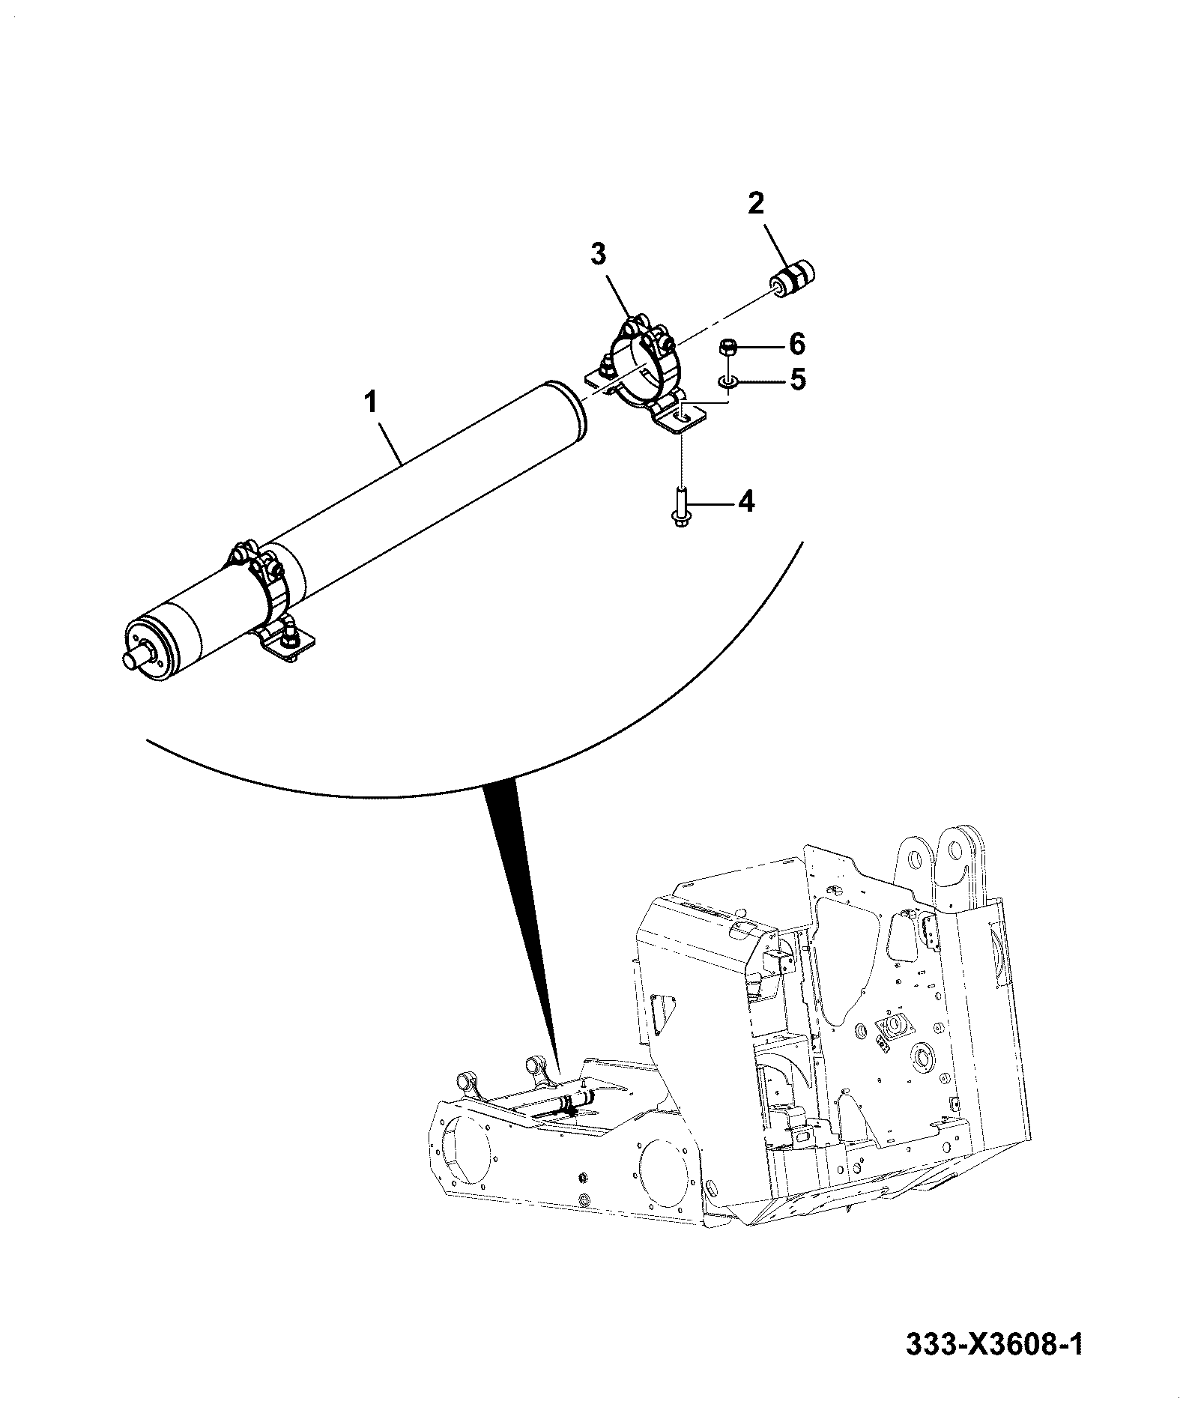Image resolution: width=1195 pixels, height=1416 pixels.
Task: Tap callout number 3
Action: [597, 255]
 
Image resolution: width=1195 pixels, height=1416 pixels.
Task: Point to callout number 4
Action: [746, 501]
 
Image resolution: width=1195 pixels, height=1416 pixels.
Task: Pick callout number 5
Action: [797, 379]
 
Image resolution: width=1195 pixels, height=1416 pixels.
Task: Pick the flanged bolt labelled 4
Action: [680, 506]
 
